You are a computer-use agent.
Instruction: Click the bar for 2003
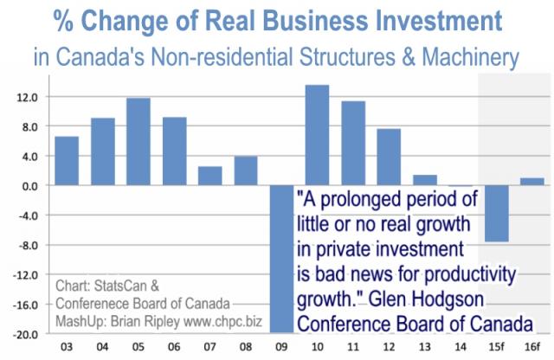coord(67,161)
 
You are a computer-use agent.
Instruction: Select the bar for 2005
coord(138,142)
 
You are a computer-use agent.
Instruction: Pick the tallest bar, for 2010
coord(317,135)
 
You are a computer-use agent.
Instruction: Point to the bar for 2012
coord(389,157)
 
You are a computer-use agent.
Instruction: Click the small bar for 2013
coord(424,180)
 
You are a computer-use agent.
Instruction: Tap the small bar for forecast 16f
coord(531,182)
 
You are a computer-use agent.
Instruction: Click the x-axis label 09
coord(281,348)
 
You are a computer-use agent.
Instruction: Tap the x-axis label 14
coord(461,348)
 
